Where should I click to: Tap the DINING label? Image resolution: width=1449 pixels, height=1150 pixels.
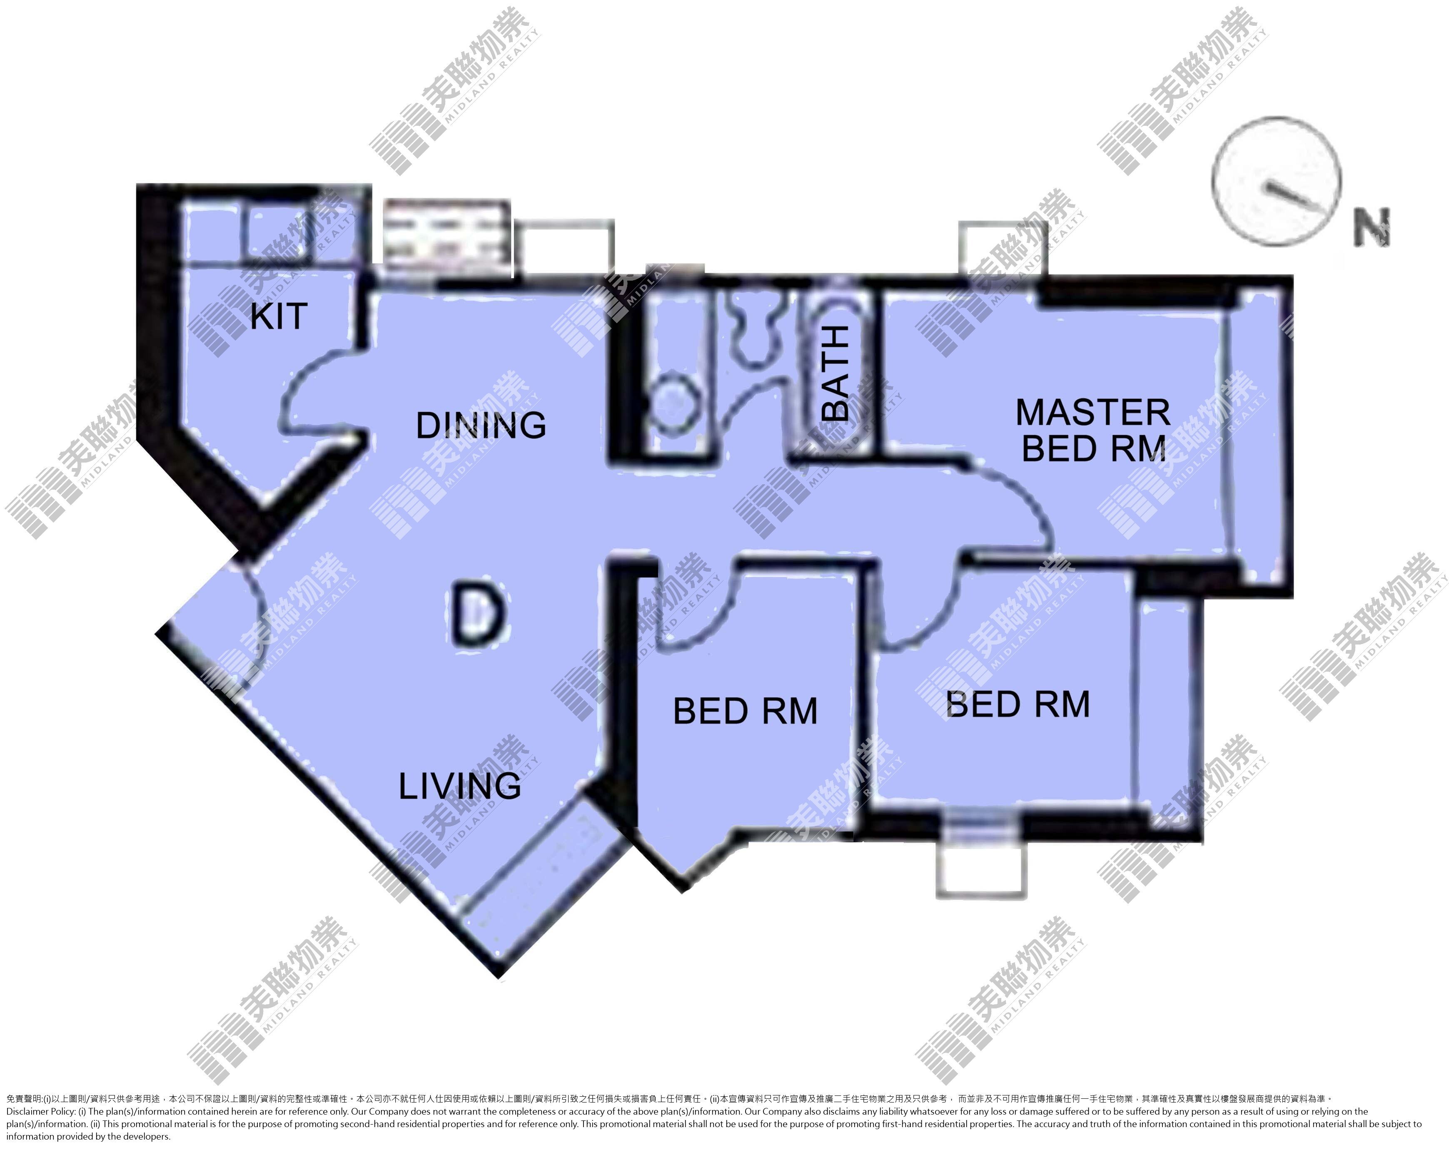coord(481,425)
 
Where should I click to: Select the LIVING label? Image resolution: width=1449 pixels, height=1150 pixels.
coord(460,786)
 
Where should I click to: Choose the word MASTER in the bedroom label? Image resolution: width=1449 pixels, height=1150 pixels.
coord(1093,413)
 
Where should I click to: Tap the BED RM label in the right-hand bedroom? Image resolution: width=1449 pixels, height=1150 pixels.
coord(1018,704)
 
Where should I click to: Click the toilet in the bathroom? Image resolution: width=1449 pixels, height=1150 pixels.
coord(754,329)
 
